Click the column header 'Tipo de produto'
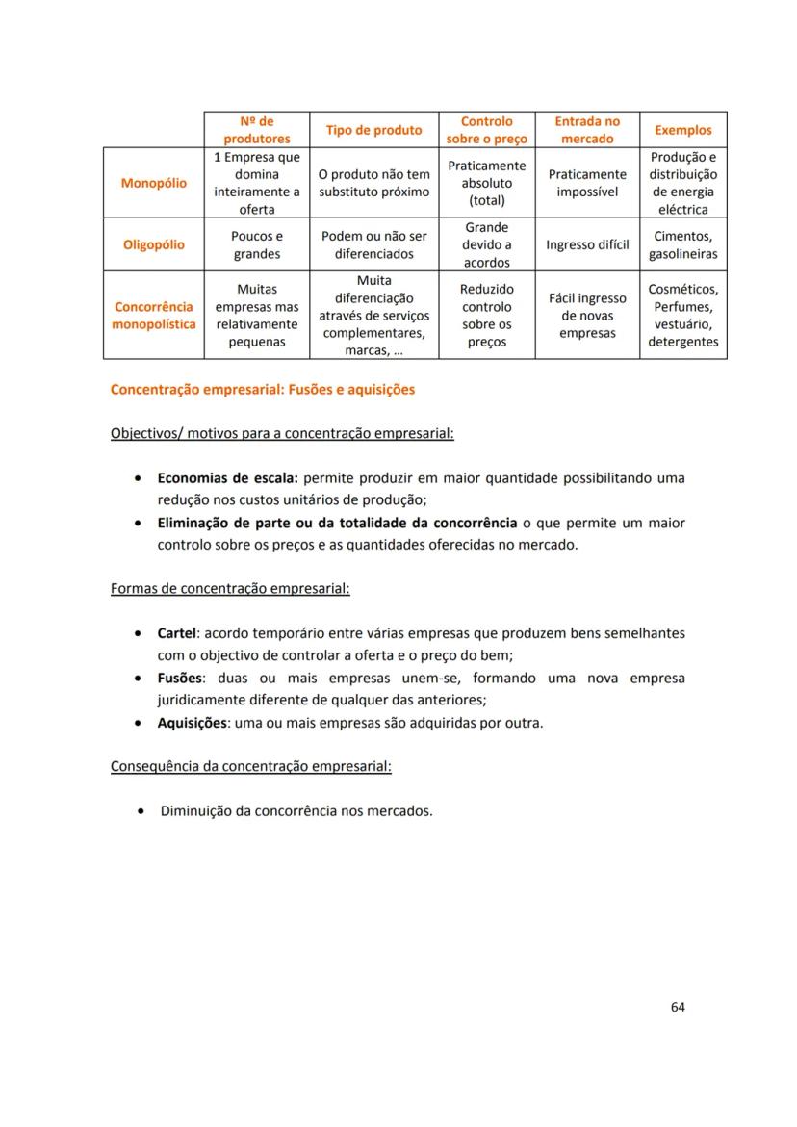(373, 130)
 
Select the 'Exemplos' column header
(682, 130)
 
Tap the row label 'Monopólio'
(154, 183)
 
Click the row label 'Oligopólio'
(154, 244)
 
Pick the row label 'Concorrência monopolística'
(154, 316)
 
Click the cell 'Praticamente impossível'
(587, 183)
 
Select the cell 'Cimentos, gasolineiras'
(682, 244)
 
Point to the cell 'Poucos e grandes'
(257, 244)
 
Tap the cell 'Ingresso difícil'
(587, 244)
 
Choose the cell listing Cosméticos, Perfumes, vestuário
(682, 316)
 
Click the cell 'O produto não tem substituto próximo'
(373, 183)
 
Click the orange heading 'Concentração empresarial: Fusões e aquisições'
(263, 390)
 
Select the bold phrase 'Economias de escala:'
(228, 477)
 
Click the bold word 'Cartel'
(177, 633)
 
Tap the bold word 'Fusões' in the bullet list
(181, 678)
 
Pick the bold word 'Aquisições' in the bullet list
(193, 722)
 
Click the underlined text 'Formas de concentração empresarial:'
(230, 588)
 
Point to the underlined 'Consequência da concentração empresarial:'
(251, 766)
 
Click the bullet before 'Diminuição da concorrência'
(141, 811)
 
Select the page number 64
(678, 1007)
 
